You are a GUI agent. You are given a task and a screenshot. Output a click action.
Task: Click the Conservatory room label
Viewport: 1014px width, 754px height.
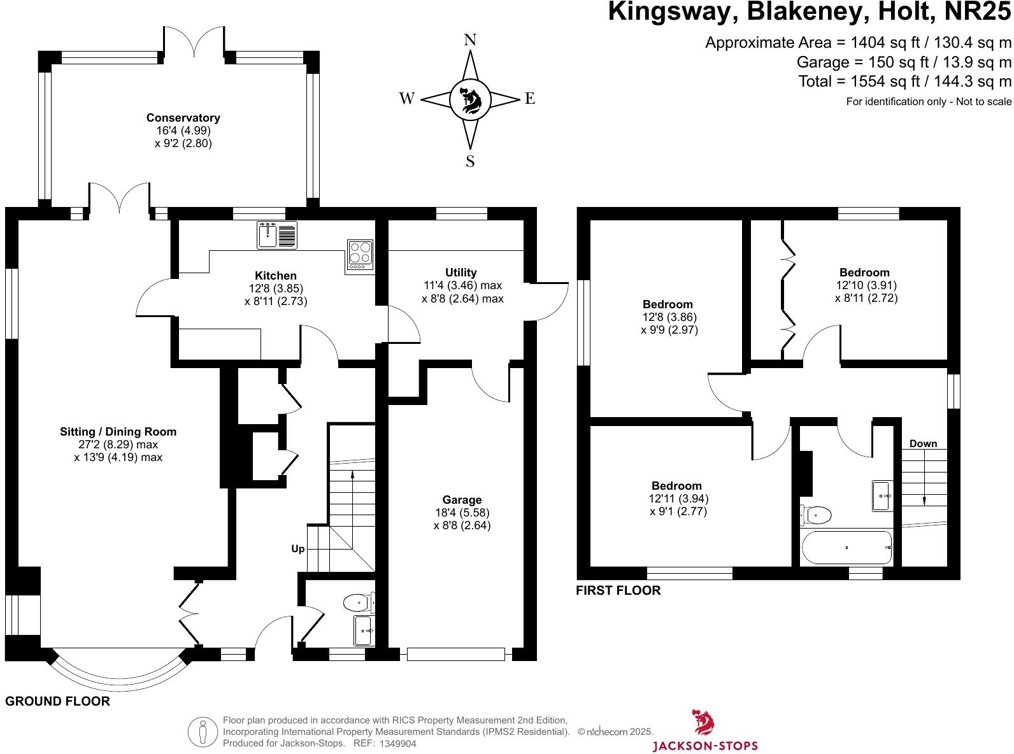(x=183, y=118)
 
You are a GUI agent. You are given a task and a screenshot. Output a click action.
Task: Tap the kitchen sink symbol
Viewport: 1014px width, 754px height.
(x=277, y=236)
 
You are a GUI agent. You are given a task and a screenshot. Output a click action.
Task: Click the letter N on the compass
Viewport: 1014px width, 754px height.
(x=470, y=40)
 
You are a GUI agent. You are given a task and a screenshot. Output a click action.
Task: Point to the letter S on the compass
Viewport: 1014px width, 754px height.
(x=470, y=161)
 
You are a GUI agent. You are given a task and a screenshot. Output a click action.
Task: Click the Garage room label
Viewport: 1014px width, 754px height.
(x=462, y=500)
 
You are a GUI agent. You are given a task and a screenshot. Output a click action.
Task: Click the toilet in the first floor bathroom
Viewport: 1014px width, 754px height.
(x=816, y=515)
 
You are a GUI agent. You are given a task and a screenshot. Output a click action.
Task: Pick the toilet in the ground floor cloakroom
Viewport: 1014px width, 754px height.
(x=357, y=602)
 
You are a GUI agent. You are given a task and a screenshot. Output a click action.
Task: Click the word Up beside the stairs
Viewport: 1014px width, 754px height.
(x=297, y=549)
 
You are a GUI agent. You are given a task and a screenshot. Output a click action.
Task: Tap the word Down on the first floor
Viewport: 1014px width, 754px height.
(x=923, y=444)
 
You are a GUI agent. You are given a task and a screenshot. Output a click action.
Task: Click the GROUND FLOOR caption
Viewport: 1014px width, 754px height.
(x=57, y=701)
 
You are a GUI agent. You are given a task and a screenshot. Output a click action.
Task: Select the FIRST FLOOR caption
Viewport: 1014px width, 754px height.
(x=618, y=590)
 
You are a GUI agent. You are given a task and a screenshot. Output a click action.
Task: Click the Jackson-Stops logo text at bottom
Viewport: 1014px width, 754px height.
(x=706, y=745)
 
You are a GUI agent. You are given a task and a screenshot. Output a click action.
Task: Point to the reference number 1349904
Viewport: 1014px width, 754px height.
(x=397, y=743)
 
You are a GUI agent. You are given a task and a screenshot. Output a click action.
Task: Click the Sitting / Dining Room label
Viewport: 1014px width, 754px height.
(x=118, y=432)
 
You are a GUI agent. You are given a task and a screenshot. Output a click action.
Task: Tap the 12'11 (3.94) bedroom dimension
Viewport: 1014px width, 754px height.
(x=678, y=499)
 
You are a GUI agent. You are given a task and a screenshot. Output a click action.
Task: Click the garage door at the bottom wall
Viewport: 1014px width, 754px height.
(x=455, y=654)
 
